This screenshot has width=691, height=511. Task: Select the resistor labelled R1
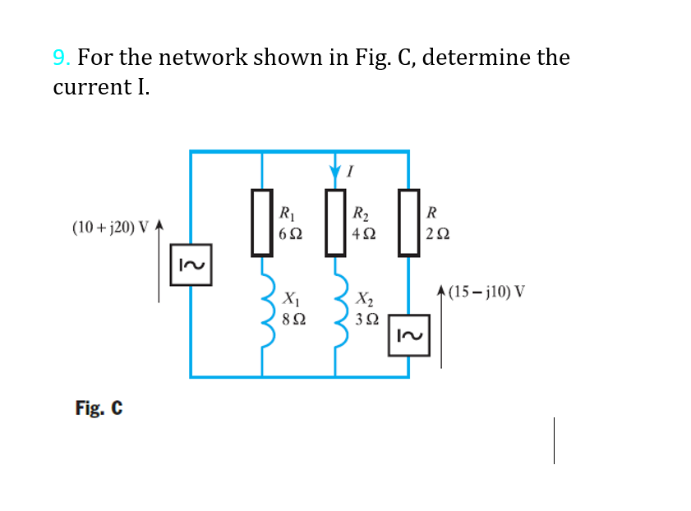point(262,222)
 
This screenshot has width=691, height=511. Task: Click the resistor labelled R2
point(334,222)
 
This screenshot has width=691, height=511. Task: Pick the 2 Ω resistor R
point(408,222)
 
